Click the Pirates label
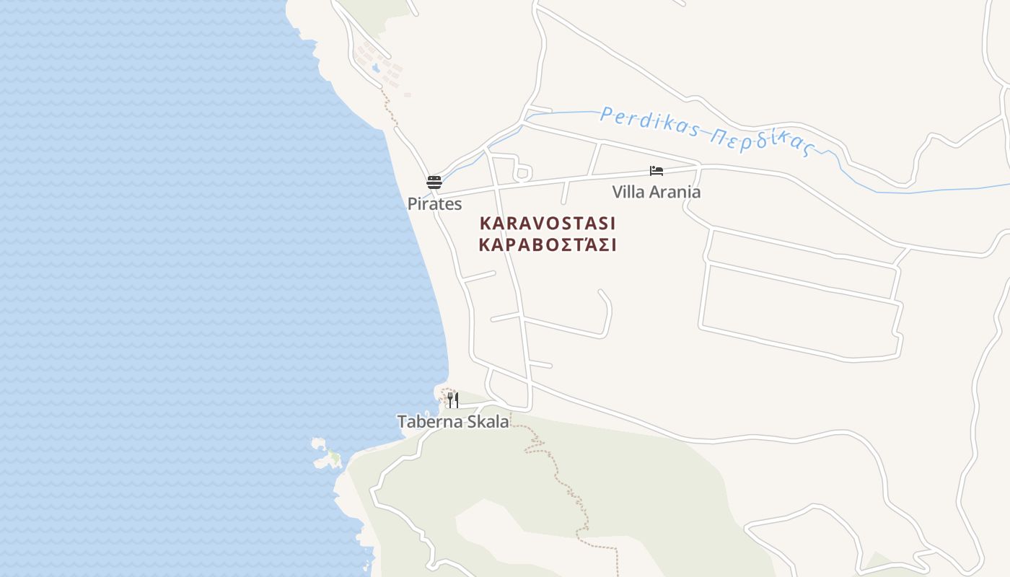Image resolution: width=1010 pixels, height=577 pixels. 434,204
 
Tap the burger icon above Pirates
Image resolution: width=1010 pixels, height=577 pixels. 434,182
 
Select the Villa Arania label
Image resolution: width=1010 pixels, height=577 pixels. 656,192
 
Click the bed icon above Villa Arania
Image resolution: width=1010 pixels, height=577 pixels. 656,171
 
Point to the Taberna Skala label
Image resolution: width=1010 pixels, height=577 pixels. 453,422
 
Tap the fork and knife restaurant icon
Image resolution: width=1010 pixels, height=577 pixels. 452,400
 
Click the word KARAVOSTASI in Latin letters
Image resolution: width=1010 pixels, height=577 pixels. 548,223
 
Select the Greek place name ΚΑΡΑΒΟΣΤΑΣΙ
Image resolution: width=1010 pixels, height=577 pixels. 548,245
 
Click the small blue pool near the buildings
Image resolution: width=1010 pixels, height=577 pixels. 375,69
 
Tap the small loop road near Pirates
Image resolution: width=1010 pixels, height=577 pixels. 522,173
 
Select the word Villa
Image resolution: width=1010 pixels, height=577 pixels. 628,192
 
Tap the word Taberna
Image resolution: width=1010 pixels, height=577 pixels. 429,422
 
